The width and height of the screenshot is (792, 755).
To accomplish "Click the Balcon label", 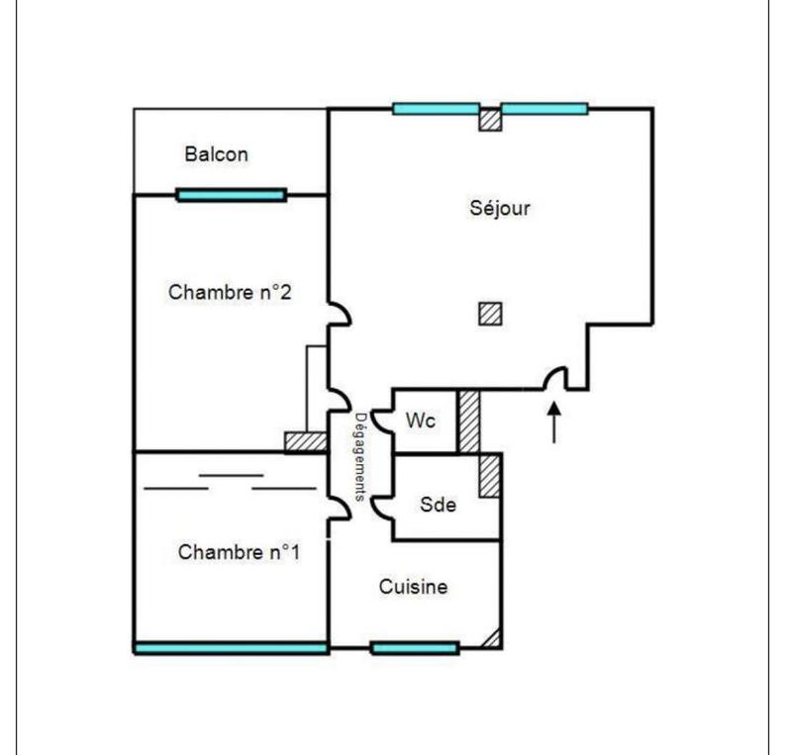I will point(216,154).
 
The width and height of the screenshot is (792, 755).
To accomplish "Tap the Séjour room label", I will point(500,209).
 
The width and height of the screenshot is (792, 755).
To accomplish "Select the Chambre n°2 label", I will point(232,293).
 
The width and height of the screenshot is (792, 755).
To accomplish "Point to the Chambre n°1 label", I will point(239,552).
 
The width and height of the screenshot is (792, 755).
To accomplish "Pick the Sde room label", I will point(438,505).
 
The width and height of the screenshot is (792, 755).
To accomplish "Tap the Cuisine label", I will point(413,587).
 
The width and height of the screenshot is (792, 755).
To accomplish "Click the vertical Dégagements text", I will point(361,455).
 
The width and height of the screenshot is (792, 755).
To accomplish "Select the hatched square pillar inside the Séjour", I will point(490,314).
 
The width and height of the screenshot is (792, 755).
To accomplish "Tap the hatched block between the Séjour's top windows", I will point(490,120).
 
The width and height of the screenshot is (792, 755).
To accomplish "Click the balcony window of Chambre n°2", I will point(231,195).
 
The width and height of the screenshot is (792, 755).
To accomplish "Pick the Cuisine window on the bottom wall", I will point(415,648).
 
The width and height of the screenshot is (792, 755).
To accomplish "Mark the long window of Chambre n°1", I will point(231,648).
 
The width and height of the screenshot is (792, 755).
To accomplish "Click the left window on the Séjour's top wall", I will point(436,109).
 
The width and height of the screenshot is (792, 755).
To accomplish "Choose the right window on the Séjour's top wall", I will point(544,109).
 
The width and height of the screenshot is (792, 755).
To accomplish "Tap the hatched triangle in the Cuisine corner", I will point(492,639).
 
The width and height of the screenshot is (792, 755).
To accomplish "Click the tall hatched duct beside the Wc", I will point(468,422).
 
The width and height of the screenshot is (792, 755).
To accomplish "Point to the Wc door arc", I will point(382,422).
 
